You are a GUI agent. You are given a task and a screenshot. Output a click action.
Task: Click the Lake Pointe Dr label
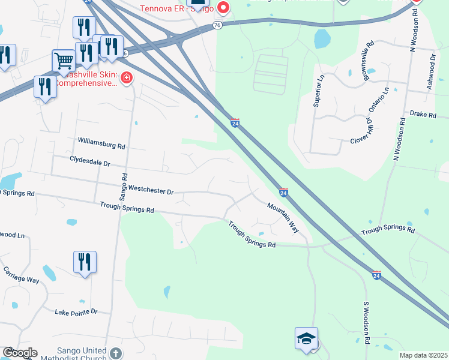coord(76,312)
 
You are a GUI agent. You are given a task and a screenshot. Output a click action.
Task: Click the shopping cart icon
coord(63,60)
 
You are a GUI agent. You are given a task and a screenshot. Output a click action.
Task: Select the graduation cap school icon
coord(306,338)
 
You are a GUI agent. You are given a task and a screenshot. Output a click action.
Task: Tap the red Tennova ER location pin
coord(223,8)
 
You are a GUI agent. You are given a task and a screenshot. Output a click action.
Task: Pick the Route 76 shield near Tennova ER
coord(217,25)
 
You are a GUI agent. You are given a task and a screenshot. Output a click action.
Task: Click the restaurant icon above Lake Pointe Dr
coord(85,262)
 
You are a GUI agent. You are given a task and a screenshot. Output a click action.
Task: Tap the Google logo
coord(19,352)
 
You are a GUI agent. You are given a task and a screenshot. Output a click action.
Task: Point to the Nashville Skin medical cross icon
coord(126,78)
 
